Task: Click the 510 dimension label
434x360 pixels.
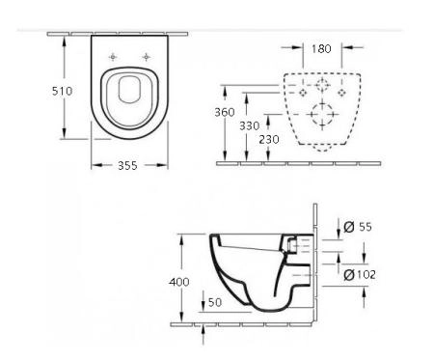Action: pyautogui.click(x=62, y=91)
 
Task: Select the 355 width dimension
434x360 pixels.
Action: pyautogui.click(x=127, y=165)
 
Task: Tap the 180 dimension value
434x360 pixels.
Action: pyautogui.click(x=321, y=49)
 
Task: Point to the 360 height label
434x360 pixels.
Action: pyautogui.click(x=225, y=112)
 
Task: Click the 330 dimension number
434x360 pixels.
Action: pyautogui.click(x=249, y=125)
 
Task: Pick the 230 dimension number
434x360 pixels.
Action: pyautogui.click(x=269, y=140)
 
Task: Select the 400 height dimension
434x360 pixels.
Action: pyautogui.click(x=179, y=282)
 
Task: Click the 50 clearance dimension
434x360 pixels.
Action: pyautogui.click(x=215, y=302)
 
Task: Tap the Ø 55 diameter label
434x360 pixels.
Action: pyautogui.click(x=358, y=227)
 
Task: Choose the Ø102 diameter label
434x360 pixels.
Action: pyautogui.click(x=360, y=275)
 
